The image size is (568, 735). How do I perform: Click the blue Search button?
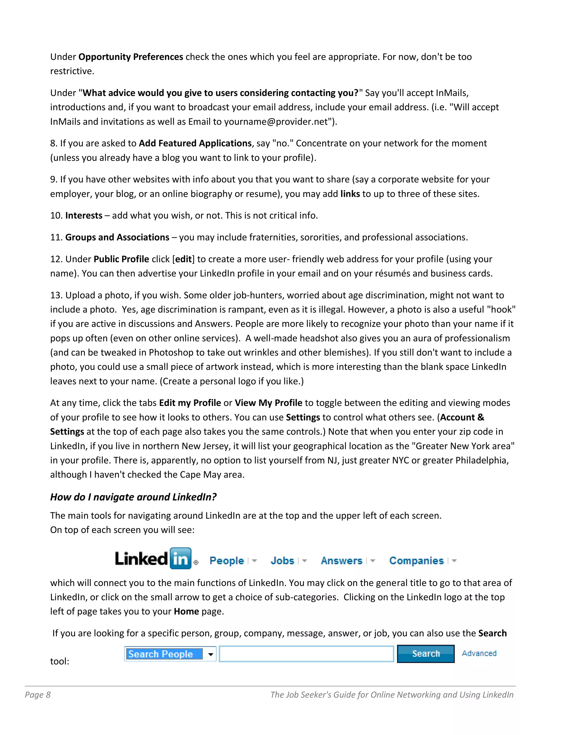tap(425, 653)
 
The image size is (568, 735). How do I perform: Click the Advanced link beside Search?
tap(479, 653)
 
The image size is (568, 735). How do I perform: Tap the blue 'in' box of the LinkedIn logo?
tap(180, 559)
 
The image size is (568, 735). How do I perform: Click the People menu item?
tap(227, 561)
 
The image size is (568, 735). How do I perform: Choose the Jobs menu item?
tap(282, 561)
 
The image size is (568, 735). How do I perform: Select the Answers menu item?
tap(341, 561)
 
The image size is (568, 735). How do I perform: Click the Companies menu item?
tap(416, 561)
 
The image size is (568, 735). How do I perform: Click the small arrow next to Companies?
tap(454, 561)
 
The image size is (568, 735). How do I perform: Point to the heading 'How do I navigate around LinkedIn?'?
tap(133, 497)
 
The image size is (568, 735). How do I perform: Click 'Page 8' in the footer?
tap(38, 695)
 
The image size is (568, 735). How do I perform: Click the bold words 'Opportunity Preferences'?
tap(131, 57)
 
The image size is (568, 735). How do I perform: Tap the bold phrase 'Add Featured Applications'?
tap(195, 143)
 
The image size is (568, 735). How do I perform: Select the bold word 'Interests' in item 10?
tap(84, 216)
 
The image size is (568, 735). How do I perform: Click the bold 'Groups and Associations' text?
tap(117, 237)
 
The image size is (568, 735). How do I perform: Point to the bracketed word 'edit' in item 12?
tap(183, 259)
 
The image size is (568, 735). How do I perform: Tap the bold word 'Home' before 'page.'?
tap(186, 612)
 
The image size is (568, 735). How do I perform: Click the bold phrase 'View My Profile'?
tap(268, 403)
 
